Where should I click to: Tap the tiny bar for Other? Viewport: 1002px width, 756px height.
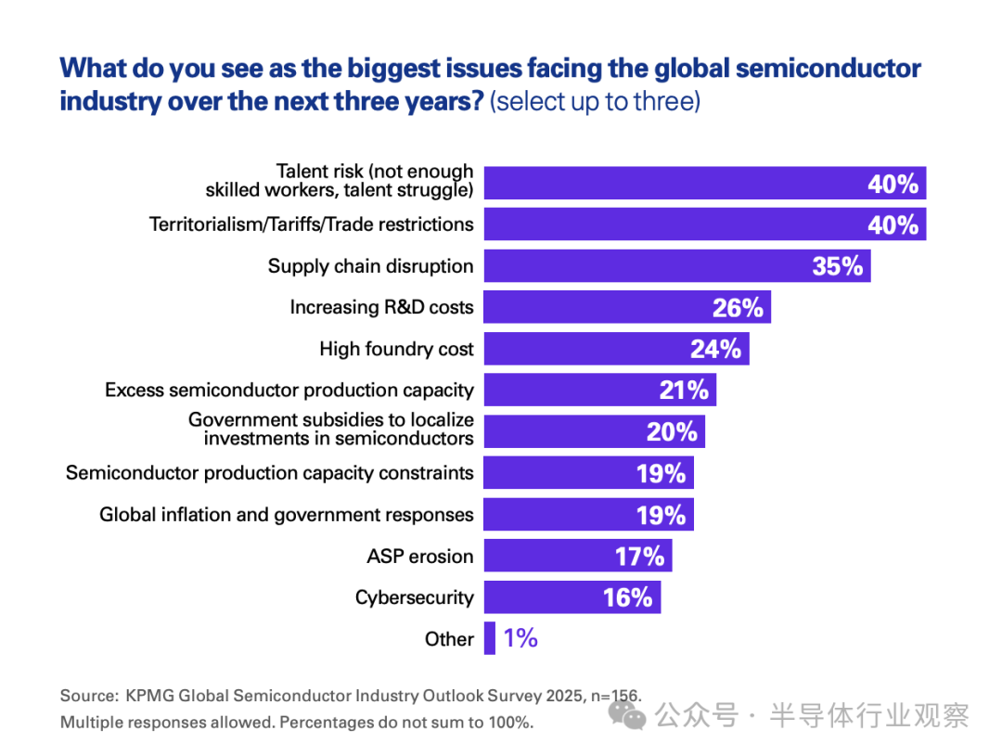[x=490, y=639]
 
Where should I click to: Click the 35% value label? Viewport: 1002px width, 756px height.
[x=838, y=266]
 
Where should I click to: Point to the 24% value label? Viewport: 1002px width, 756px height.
[x=716, y=349]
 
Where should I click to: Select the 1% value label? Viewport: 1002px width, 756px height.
[x=520, y=638]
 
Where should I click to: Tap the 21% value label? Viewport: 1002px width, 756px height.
[x=684, y=391]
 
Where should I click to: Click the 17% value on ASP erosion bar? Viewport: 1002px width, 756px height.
[x=640, y=557]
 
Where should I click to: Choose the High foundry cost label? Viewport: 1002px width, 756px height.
[x=396, y=349]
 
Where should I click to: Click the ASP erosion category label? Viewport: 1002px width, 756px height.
[x=419, y=557]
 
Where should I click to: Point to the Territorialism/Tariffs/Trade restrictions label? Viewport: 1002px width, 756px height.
[x=311, y=224]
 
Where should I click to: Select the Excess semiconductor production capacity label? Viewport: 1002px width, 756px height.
[x=289, y=391]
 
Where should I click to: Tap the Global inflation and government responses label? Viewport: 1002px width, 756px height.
[x=286, y=515]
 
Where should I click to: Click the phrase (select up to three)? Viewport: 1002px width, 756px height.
[x=595, y=100]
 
